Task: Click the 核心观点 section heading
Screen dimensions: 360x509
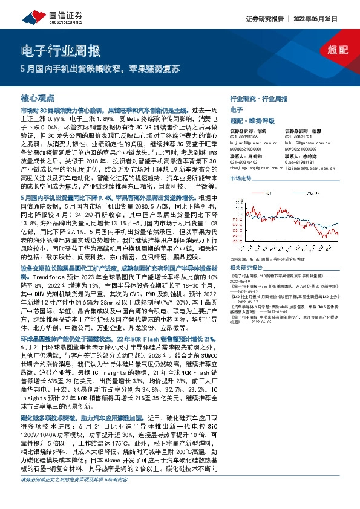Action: click(x=38, y=98)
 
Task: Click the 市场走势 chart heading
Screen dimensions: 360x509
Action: click(x=240, y=178)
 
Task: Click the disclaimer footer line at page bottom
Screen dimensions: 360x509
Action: click(x=75, y=497)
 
